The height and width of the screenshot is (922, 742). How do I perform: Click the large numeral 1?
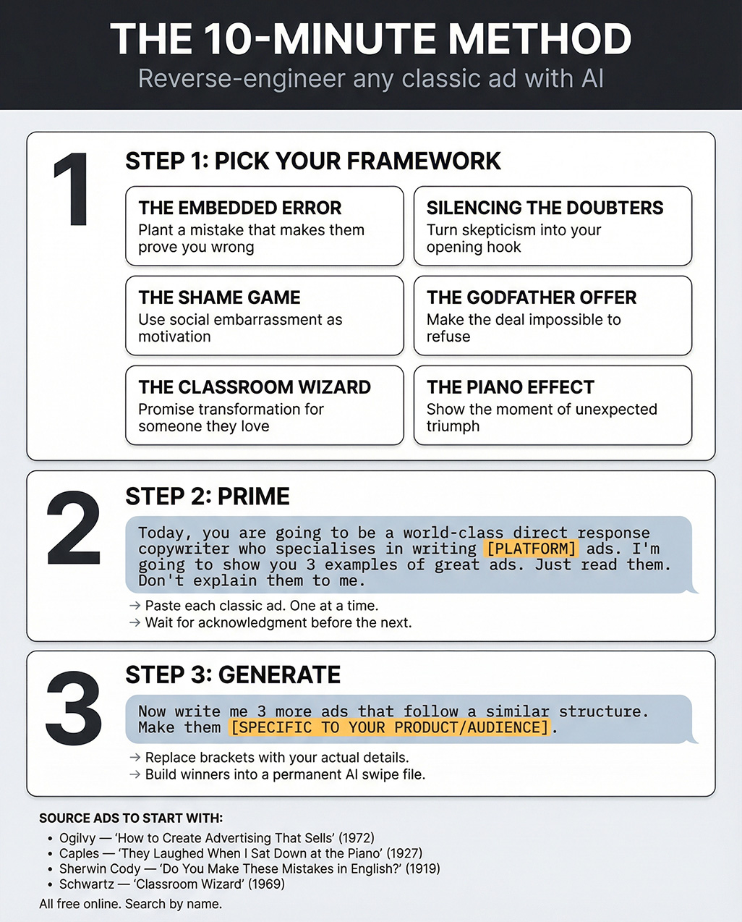(72, 190)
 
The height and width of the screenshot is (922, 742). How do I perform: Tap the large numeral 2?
(73, 528)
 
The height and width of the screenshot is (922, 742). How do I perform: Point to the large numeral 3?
(73, 709)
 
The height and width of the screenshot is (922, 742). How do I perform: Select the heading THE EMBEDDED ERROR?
(240, 208)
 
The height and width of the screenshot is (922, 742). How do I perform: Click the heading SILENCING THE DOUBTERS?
(545, 208)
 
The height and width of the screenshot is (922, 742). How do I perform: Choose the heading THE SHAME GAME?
(219, 298)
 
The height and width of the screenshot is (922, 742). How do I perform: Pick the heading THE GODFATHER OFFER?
(532, 298)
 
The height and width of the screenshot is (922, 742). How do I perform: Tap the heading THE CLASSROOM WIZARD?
(255, 387)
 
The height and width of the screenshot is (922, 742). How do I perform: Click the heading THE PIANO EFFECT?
(511, 387)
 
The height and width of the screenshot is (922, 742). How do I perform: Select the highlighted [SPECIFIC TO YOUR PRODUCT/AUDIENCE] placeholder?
(390, 727)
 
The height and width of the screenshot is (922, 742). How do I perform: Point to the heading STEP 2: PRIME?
(208, 496)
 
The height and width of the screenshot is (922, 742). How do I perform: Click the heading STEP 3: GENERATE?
(233, 675)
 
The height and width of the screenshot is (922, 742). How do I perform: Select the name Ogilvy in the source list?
(77, 838)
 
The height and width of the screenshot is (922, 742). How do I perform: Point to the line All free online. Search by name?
(131, 904)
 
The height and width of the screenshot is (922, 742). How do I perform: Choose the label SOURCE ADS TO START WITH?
(131, 819)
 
